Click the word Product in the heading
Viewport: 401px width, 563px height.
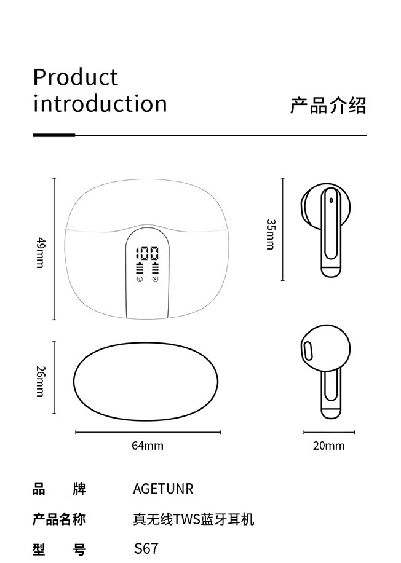pyautogui.click(x=75, y=78)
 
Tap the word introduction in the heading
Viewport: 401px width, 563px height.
pyautogui.click(x=100, y=104)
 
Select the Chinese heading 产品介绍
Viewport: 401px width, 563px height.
pyautogui.click(x=328, y=106)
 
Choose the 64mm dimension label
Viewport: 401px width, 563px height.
pyautogui.click(x=148, y=446)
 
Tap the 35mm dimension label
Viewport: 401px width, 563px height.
pyautogui.click(x=270, y=234)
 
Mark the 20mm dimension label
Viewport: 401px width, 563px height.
pyautogui.click(x=328, y=446)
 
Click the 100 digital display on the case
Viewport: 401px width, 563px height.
pyautogui.click(x=148, y=253)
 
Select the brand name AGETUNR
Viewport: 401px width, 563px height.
pyautogui.click(x=163, y=489)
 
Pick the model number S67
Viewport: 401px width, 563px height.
pyautogui.click(x=146, y=548)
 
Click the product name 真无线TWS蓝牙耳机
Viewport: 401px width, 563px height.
pyautogui.click(x=193, y=520)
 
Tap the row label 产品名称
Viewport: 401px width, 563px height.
pyautogui.click(x=59, y=520)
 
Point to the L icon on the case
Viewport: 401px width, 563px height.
pyautogui.click(x=140, y=280)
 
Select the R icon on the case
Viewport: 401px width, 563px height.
pyautogui.click(x=156, y=280)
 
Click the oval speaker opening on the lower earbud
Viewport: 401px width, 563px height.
pyautogui.click(x=308, y=352)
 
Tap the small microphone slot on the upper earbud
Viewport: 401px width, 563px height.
pyautogui.click(x=330, y=200)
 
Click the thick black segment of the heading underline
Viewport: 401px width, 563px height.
pyautogui.click(x=54, y=135)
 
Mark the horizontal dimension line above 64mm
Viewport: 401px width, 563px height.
pyautogui.click(x=148, y=432)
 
